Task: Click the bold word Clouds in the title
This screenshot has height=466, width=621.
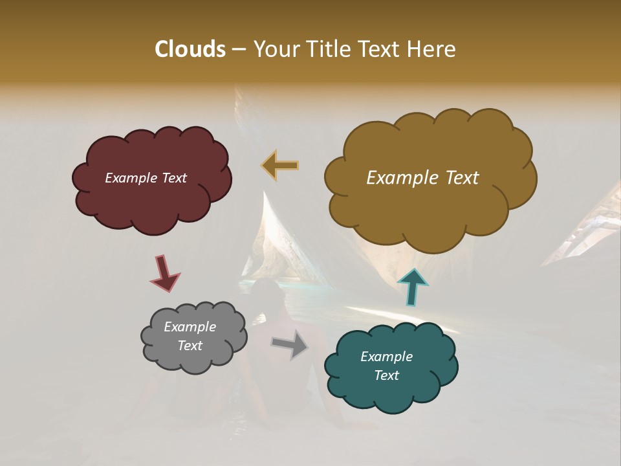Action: (190, 49)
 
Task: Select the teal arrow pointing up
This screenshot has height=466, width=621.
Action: (413, 287)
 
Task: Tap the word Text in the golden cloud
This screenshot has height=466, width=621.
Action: (459, 178)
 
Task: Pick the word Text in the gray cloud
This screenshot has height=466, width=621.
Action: (190, 346)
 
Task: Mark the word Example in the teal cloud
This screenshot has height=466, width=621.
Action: (386, 357)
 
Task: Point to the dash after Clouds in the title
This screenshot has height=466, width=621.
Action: (238, 50)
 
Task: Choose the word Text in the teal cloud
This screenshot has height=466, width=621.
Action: (386, 375)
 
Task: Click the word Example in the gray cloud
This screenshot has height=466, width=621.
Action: (190, 327)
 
